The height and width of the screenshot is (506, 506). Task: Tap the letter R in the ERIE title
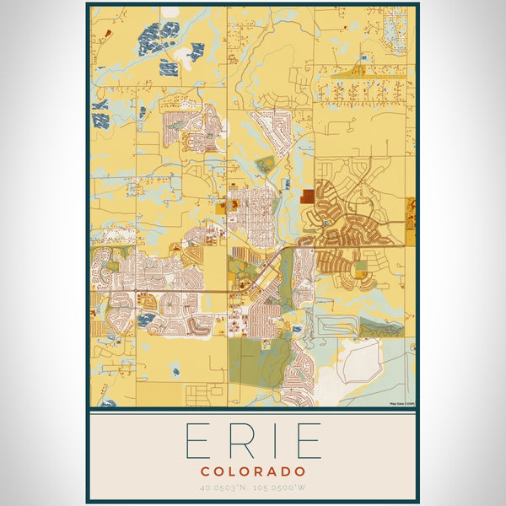(240, 441)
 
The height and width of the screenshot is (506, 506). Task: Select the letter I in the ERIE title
(272, 441)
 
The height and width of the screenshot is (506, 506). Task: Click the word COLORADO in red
(253, 471)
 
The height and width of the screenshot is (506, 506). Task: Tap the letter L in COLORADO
(233, 471)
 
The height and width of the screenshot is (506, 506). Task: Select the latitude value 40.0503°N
(226, 487)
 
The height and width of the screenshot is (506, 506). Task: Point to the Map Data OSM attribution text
(401, 404)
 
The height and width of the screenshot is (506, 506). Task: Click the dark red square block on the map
(308, 196)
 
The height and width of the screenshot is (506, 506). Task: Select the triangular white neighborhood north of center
(272, 129)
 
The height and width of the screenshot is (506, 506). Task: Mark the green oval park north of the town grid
(265, 164)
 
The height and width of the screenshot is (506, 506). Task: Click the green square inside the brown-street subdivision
(360, 268)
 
